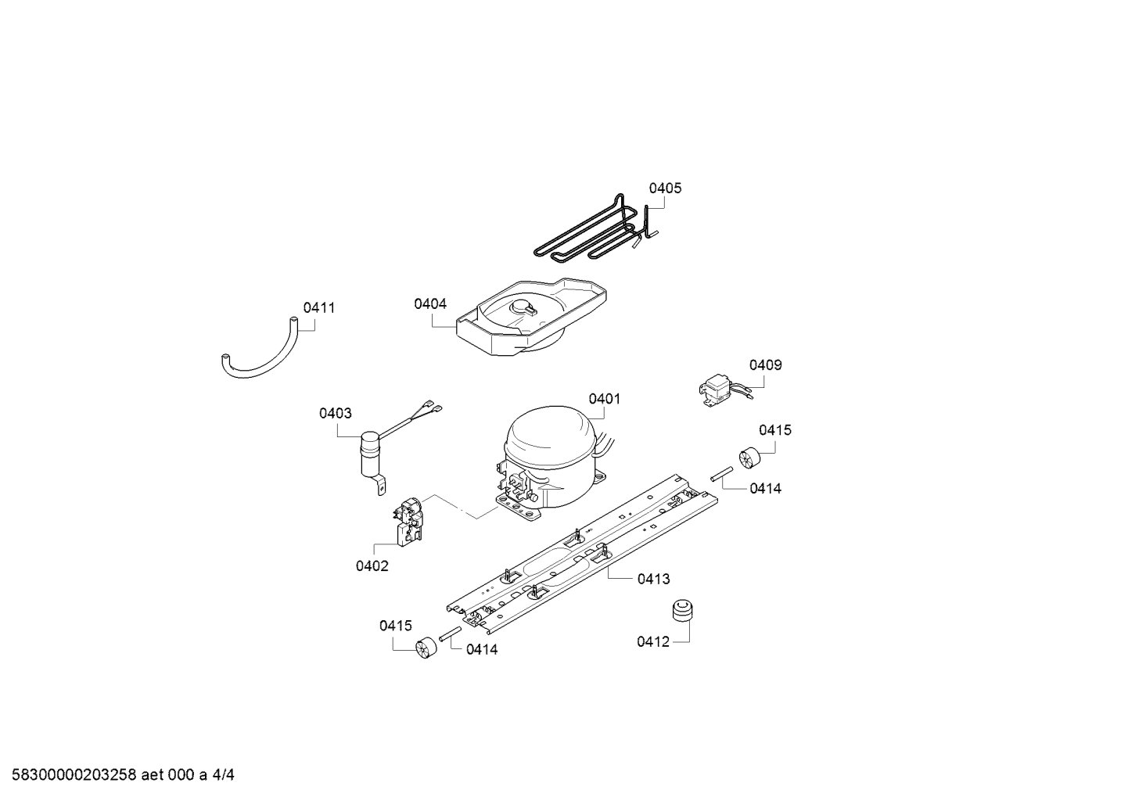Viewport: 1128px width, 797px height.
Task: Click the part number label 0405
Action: pyautogui.click(x=665, y=188)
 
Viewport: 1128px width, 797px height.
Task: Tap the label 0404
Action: pyautogui.click(x=430, y=304)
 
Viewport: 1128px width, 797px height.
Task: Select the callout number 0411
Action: pyautogui.click(x=318, y=307)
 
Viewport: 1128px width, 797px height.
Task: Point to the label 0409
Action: pyautogui.click(x=765, y=365)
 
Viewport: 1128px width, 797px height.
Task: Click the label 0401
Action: pyautogui.click(x=604, y=399)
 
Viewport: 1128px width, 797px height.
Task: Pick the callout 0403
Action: pyautogui.click(x=336, y=413)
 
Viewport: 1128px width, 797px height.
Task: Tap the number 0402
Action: pyautogui.click(x=372, y=566)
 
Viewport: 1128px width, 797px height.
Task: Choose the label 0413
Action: pyautogui.click(x=654, y=580)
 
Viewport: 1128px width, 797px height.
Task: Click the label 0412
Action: pyautogui.click(x=653, y=642)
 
